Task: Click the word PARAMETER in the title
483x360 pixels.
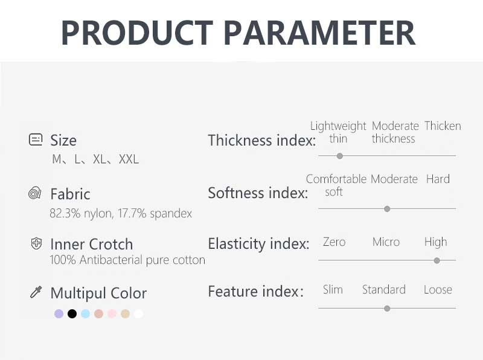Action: tap(319, 33)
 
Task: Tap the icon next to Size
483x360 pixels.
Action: tap(36, 140)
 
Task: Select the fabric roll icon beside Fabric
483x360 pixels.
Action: tap(35, 193)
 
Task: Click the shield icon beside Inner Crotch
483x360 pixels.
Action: tap(36, 243)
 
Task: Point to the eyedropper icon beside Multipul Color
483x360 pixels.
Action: tap(36, 292)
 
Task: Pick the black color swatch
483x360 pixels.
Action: tap(72, 313)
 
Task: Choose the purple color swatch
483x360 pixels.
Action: tap(59, 313)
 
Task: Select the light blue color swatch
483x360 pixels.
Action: tap(85, 313)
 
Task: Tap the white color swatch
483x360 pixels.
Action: tap(139, 313)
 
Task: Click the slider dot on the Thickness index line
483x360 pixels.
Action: tap(340, 156)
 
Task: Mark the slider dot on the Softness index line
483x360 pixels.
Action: tap(387, 209)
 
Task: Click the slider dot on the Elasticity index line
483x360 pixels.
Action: tap(437, 261)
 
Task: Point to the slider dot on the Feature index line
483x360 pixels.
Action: tap(387, 309)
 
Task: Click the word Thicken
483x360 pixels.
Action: tap(443, 126)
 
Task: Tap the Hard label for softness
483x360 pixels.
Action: tap(438, 179)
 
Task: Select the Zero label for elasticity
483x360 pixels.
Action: tap(334, 242)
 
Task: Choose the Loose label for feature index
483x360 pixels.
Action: tap(438, 290)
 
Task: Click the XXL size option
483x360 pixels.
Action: tap(129, 159)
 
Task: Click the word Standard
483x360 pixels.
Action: tap(384, 290)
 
